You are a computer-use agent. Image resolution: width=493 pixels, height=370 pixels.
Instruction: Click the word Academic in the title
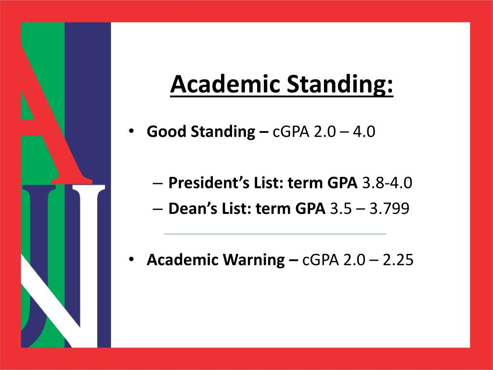click(225, 84)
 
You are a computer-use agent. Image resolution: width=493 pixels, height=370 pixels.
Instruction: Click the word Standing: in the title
click(340, 85)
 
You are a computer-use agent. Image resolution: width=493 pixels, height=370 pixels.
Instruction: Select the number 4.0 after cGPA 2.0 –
click(364, 132)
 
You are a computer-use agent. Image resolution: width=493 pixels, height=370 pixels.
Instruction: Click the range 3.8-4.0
click(387, 183)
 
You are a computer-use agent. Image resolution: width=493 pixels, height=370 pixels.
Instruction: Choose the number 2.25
click(398, 260)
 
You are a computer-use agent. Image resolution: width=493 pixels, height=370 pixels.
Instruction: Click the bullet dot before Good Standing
click(131, 131)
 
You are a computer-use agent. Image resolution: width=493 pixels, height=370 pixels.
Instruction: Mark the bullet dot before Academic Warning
click(131, 259)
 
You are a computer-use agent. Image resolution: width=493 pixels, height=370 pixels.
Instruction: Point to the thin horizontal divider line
click(275, 234)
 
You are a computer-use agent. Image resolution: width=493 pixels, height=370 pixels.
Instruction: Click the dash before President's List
click(157, 184)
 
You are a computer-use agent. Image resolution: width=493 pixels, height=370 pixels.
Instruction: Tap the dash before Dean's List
click(157, 209)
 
